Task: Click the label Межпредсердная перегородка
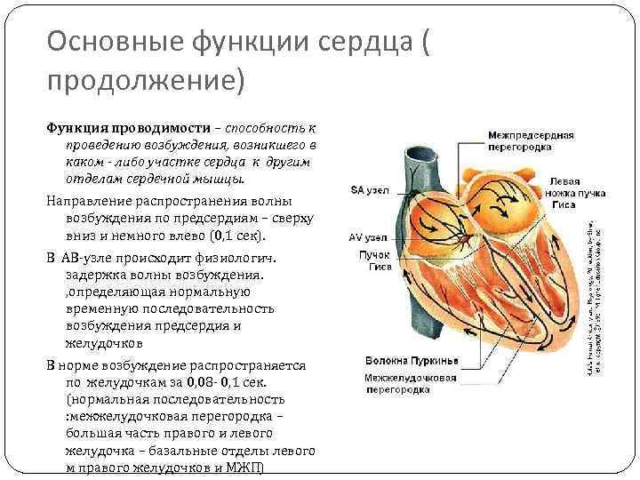click(532, 141)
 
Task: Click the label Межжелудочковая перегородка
click(411, 383)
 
